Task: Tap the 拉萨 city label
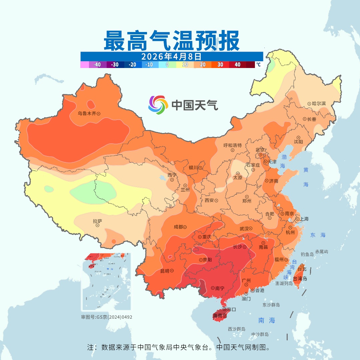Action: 97,221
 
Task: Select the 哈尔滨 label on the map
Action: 319,104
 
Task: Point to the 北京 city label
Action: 260,150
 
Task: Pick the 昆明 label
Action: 165,271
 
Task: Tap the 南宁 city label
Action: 220,288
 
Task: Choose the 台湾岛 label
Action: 300,279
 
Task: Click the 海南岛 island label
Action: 220,315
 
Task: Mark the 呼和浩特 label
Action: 233,145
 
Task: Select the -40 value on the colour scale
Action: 97,65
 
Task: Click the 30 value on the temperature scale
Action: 220,65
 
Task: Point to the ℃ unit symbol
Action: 258,65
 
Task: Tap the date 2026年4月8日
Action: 171,56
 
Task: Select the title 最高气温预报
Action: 171,41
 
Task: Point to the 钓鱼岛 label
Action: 307,254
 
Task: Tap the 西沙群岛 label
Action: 237,329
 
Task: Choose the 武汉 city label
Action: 244,229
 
